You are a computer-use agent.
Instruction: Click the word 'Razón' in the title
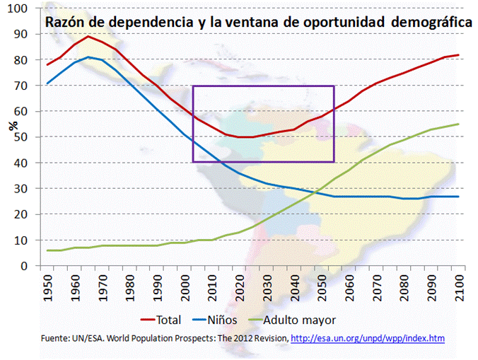click(64, 23)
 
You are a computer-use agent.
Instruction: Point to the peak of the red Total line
click(88, 37)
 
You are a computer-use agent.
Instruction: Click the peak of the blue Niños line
click(88, 57)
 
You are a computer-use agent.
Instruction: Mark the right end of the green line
click(458, 124)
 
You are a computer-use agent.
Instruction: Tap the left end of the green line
click(48, 250)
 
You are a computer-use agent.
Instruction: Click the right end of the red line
click(458, 55)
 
